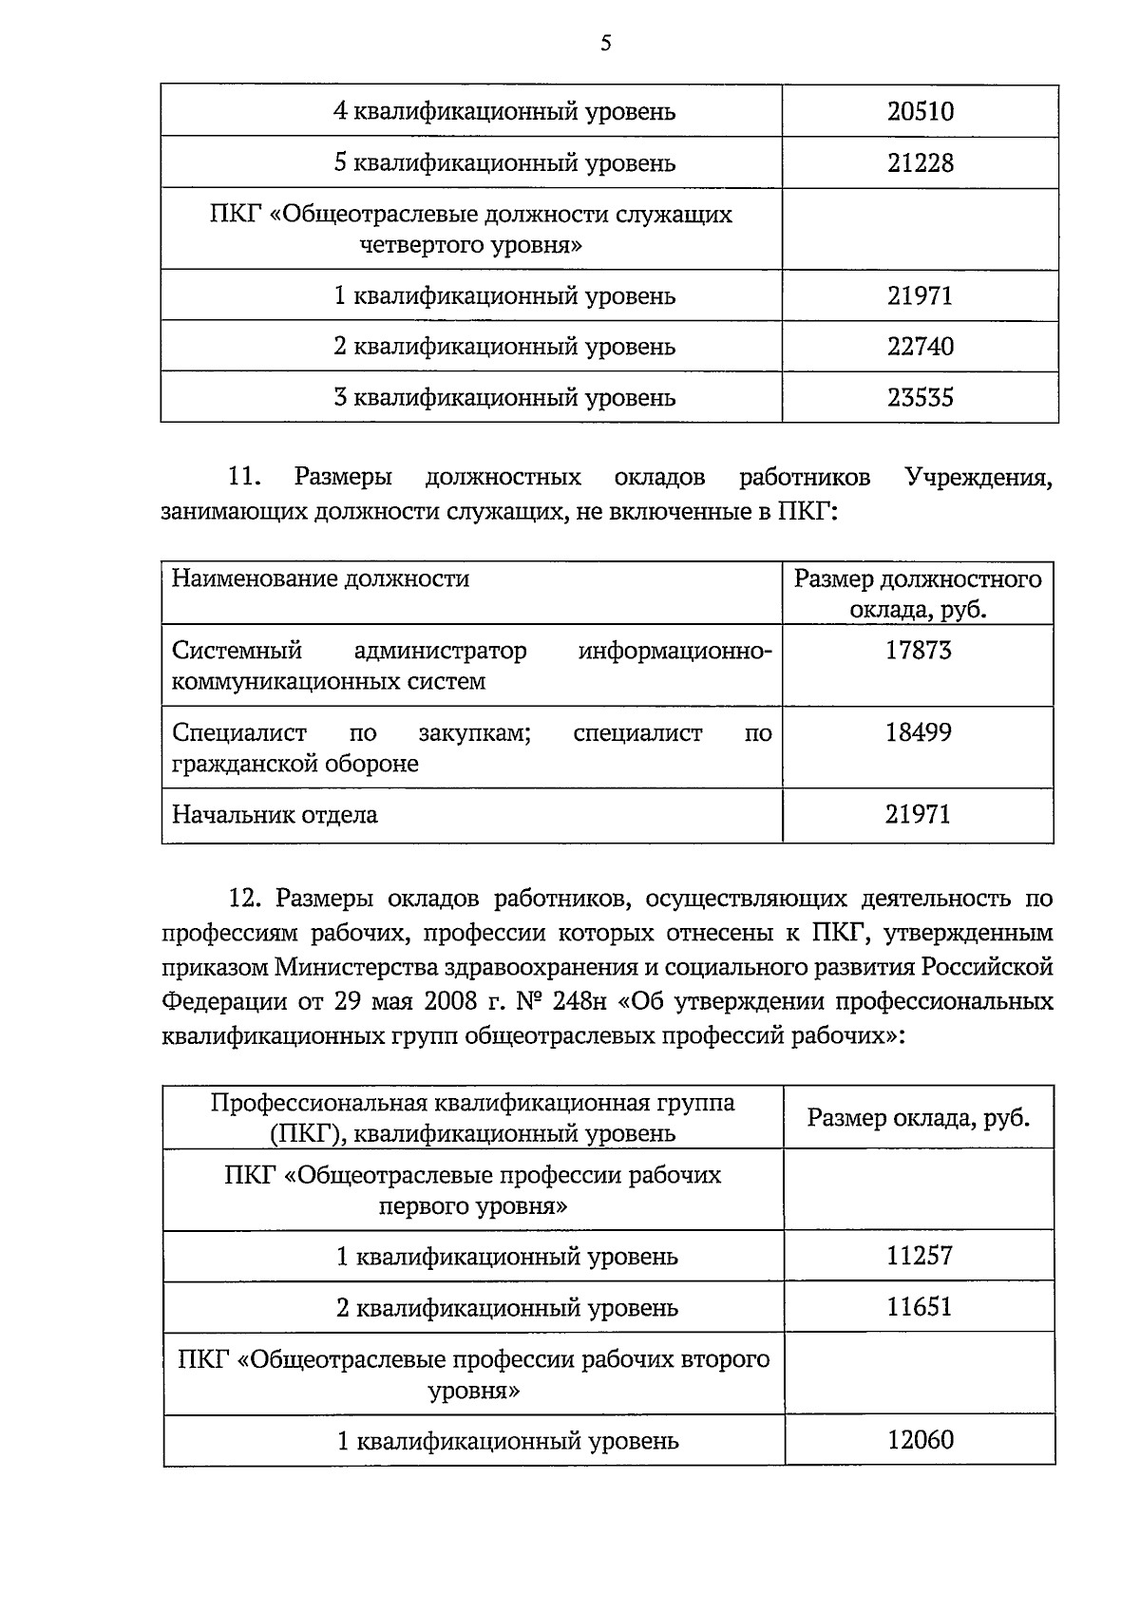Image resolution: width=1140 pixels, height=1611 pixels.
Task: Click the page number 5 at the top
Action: click(605, 43)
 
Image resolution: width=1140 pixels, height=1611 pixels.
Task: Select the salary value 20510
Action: click(920, 112)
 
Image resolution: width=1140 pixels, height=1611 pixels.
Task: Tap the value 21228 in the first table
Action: click(920, 163)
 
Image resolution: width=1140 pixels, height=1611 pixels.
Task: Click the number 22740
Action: click(920, 347)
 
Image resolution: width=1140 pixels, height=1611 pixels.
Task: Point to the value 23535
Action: click(920, 397)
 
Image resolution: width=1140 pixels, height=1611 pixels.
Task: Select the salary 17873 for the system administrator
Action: click(918, 651)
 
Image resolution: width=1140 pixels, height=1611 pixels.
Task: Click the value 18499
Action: click(918, 732)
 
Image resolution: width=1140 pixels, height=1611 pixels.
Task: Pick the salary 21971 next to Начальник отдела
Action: click(918, 815)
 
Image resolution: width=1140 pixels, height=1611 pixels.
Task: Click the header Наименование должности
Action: click(320, 579)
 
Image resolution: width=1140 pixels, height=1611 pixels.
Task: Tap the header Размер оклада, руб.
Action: click(918, 1118)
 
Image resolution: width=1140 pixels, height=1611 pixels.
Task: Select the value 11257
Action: click(919, 1257)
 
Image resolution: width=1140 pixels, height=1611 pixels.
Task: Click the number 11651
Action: click(919, 1308)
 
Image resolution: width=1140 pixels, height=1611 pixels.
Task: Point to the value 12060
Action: click(920, 1441)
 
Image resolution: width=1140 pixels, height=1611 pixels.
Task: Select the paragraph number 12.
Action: click(245, 899)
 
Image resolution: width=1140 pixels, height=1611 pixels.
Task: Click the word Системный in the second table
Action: click(237, 652)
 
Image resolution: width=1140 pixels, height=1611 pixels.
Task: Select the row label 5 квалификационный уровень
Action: click(504, 163)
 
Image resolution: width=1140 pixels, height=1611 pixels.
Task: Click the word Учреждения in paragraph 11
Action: click(978, 477)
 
